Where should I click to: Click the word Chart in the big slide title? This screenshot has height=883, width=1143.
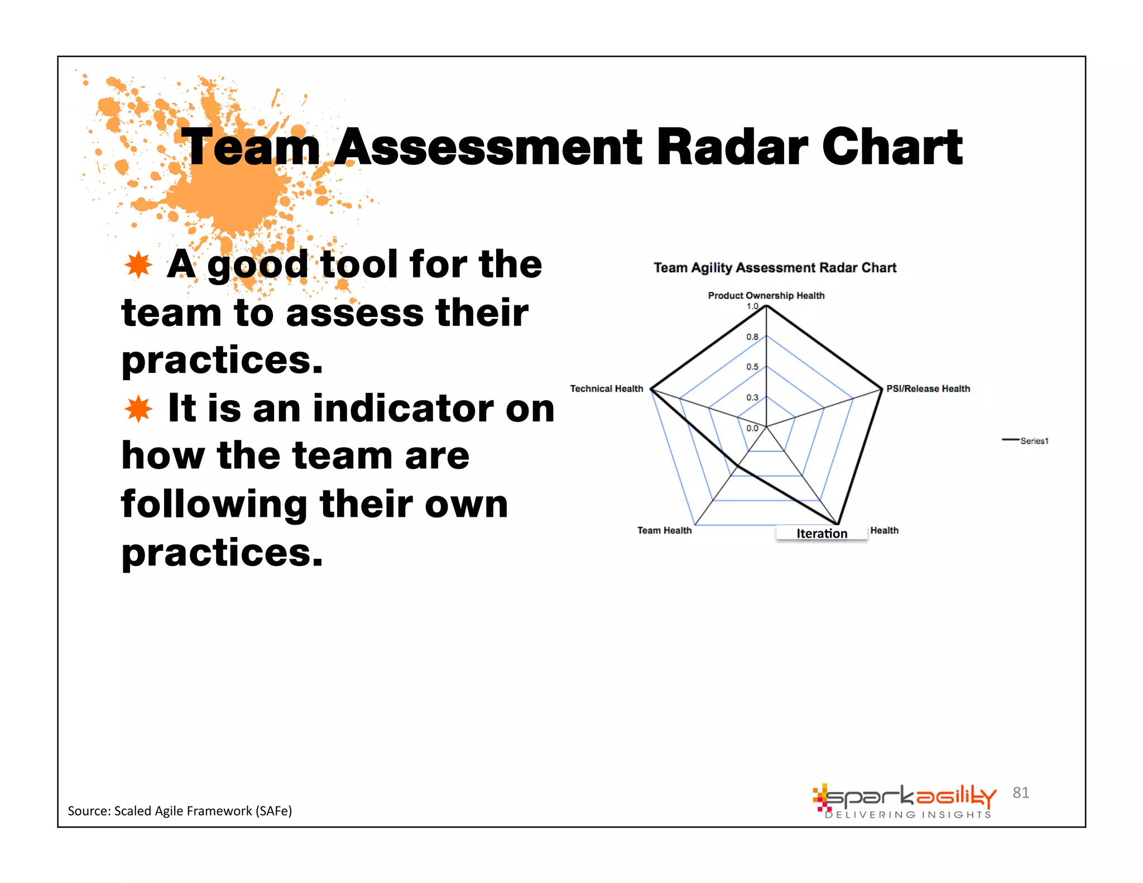[892, 147]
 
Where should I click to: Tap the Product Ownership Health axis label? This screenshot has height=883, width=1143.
[766, 295]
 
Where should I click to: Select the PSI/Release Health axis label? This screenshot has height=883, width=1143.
[928, 388]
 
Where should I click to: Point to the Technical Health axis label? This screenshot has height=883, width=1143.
[606, 388]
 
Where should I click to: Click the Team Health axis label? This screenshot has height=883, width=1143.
[664, 530]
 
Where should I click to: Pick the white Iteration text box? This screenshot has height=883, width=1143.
[822, 534]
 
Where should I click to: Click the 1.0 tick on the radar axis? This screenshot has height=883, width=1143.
[752, 306]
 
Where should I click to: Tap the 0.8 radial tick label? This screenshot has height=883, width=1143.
[752, 337]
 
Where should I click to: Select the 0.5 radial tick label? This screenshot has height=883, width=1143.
[752, 367]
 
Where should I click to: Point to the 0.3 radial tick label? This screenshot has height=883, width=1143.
[752, 397]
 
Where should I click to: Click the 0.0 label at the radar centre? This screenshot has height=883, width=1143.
[752, 428]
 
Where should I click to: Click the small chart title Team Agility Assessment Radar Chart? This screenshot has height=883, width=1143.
[775, 268]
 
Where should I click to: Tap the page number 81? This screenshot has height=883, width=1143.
[1021, 793]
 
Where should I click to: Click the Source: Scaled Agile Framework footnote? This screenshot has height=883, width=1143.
[180, 811]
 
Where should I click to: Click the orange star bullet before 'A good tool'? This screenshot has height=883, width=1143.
[138, 265]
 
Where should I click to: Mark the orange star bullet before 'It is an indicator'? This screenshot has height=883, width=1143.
[138, 409]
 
